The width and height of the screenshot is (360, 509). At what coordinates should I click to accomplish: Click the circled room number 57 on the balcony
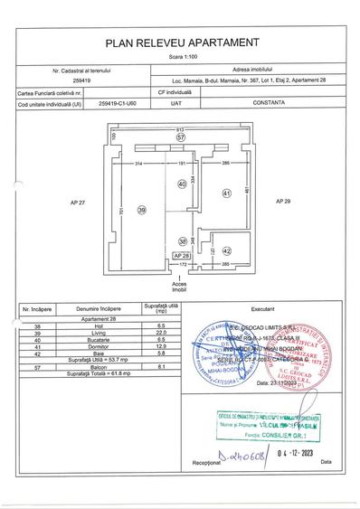click(x=180, y=137)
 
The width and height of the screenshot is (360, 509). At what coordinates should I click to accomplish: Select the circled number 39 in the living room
click(x=141, y=210)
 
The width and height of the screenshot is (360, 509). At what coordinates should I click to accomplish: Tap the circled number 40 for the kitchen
click(x=182, y=184)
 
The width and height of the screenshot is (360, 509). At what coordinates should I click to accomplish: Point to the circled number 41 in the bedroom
click(x=227, y=193)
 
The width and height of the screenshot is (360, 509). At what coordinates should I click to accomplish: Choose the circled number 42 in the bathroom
click(x=227, y=250)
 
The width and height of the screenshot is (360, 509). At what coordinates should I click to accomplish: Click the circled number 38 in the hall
click(x=182, y=241)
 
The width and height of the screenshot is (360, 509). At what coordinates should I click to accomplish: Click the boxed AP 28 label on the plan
click(x=181, y=256)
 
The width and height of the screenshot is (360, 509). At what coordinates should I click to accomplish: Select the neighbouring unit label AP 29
click(x=282, y=200)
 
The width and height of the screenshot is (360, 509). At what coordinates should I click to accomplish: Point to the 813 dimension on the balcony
click(x=180, y=130)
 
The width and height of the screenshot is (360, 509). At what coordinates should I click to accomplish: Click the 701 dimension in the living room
click(x=119, y=213)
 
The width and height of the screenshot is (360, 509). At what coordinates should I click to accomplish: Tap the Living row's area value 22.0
click(x=158, y=335)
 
